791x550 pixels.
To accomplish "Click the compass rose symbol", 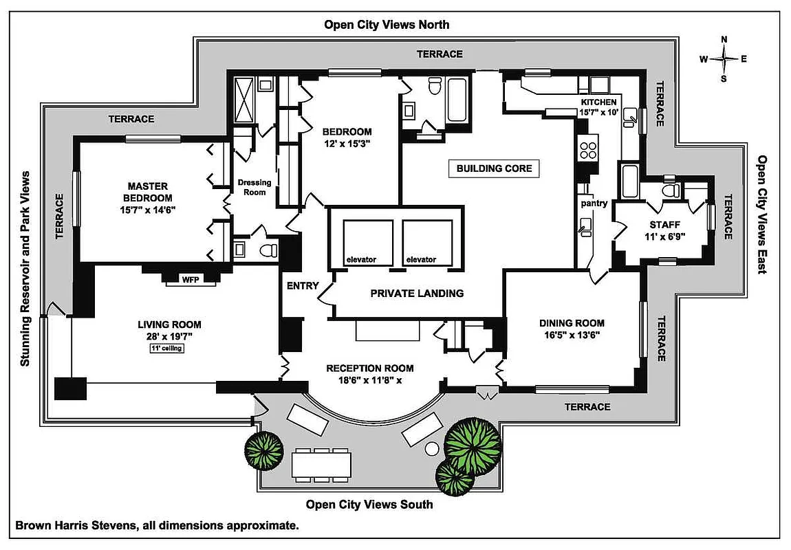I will [x=724, y=58].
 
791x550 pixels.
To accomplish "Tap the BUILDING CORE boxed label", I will [x=494, y=168].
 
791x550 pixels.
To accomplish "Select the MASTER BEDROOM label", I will [x=147, y=192].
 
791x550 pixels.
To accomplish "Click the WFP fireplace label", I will [x=189, y=279].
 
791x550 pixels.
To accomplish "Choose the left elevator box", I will [x=361, y=243].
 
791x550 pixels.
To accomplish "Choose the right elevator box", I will [x=427, y=243].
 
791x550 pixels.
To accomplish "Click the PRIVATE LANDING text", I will [x=417, y=293].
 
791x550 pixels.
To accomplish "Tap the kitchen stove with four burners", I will [x=589, y=148].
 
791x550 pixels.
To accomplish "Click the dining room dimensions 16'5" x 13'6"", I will [x=572, y=335].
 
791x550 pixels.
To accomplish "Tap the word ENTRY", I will [x=301, y=286].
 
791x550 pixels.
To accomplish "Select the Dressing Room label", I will [x=254, y=187].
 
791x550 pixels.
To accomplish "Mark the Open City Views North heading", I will [x=387, y=25].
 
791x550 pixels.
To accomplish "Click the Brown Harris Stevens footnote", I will [x=157, y=526].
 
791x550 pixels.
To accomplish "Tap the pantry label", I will [x=594, y=203].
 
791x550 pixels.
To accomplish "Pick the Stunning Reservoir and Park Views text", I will [x=26, y=268].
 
